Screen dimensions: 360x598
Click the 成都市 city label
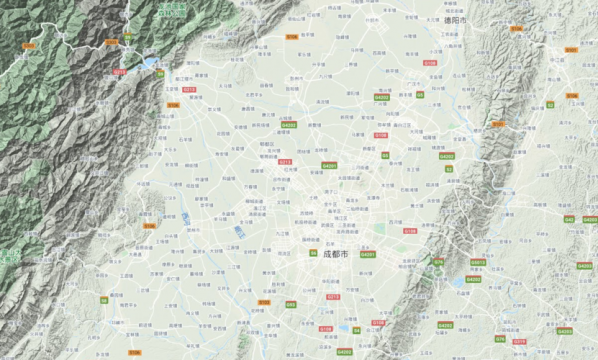tap(337, 254)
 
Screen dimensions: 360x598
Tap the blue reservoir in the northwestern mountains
tap(150, 64)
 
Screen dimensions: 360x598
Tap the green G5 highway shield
tap(385, 155)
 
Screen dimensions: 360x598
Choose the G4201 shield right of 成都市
tap(367, 254)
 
